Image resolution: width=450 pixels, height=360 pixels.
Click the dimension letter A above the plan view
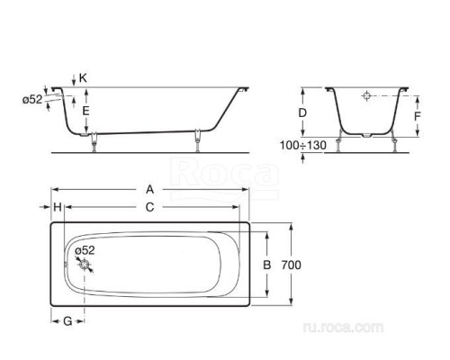[x=149, y=190]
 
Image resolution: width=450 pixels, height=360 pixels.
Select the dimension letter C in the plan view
[x=149, y=207]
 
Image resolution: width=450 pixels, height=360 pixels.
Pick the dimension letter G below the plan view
[x=67, y=321]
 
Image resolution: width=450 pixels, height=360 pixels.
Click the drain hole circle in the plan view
[x=85, y=264]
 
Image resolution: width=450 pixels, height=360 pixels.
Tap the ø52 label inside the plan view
[x=85, y=249]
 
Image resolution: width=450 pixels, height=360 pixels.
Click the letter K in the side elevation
[x=83, y=78]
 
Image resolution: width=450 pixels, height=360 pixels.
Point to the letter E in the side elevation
[x=85, y=110]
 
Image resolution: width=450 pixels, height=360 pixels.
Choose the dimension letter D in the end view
[x=303, y=113]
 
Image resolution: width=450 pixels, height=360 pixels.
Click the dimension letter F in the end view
[x=417, y=116]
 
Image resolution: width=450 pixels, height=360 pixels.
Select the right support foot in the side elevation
[x=196, y=138]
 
